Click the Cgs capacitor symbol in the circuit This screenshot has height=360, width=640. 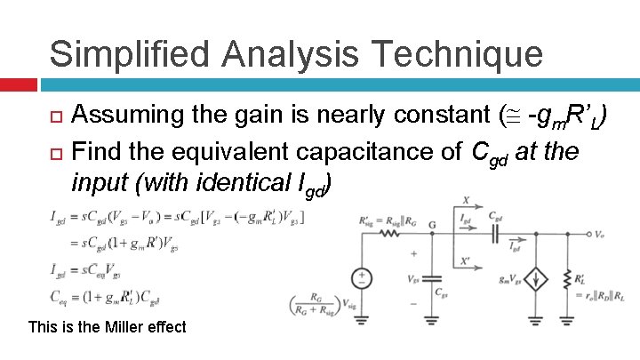point(430,276)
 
